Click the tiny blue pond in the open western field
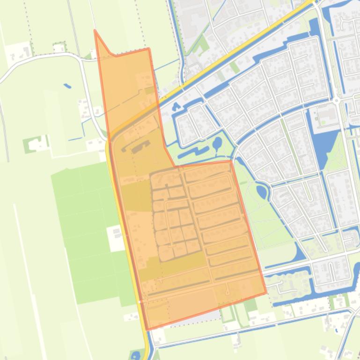coord(67,86)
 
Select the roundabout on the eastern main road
coord(337,99)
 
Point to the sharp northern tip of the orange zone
coord(95,31)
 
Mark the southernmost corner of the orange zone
coord(147,329)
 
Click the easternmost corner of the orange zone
coord(266,293)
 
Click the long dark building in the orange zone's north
coord(138,149)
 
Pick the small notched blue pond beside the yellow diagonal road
coord(176,106)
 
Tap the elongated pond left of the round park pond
coord(193,151)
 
